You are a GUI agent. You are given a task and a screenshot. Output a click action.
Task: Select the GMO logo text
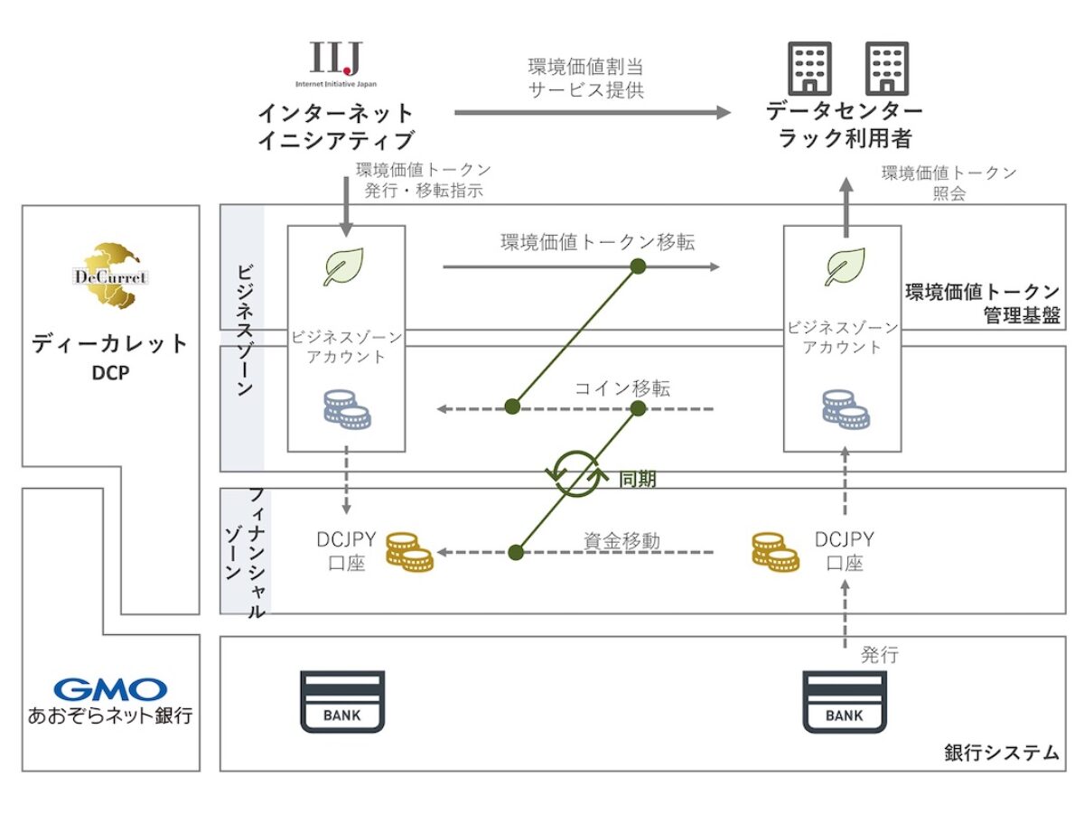[x=110, y=690]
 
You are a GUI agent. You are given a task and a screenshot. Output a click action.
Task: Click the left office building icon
[x=809, y=68]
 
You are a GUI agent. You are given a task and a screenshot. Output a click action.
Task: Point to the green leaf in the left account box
[x=344, y=267]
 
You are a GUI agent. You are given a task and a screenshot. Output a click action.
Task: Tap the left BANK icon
[x=341, y=702]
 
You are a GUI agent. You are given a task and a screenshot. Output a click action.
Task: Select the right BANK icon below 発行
[x=844, y=702]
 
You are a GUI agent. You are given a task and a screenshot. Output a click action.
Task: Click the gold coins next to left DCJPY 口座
[x=409, y=552]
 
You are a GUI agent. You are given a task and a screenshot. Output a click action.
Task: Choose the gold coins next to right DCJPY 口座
[x=775, y=552]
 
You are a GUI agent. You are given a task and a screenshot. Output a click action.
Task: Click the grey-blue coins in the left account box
[x=346, y=408]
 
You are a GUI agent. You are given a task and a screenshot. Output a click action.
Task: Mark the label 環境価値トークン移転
[x=598, y=242]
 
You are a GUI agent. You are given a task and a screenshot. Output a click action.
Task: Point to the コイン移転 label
[x=622, y=388]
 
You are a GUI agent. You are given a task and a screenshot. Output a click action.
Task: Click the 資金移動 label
[x=621, y=541]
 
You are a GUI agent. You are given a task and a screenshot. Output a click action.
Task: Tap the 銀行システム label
[x=1002, y=752]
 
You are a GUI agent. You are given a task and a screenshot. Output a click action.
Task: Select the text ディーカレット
[x=110, y=343]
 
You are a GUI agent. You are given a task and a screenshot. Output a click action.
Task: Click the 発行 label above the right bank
[x=879, y=655]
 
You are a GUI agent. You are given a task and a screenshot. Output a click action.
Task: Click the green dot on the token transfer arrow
[x=638, y=266]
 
